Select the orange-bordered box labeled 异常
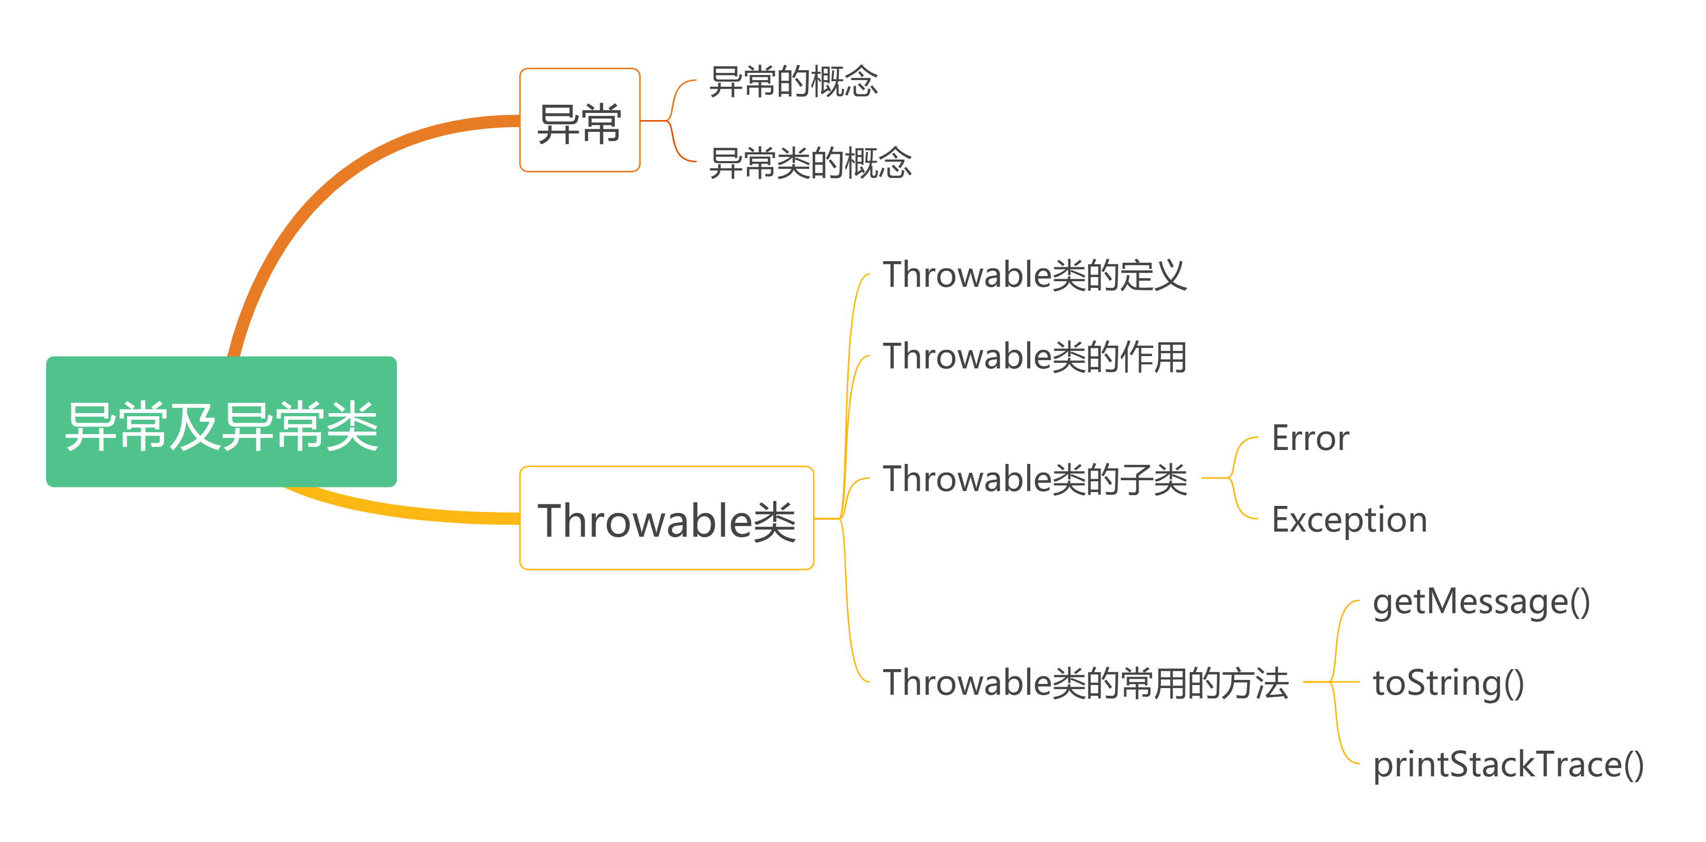(579, 121)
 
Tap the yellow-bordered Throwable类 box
(666, 518)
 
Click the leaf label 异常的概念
(793, 82)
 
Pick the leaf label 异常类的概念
(810, 163)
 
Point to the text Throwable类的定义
(1034, 276)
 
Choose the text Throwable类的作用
(1034, 357)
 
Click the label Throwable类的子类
(1034, 479)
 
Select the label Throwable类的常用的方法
(1086, 682)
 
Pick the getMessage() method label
(1481, 603)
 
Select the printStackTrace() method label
(1508, 765)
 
